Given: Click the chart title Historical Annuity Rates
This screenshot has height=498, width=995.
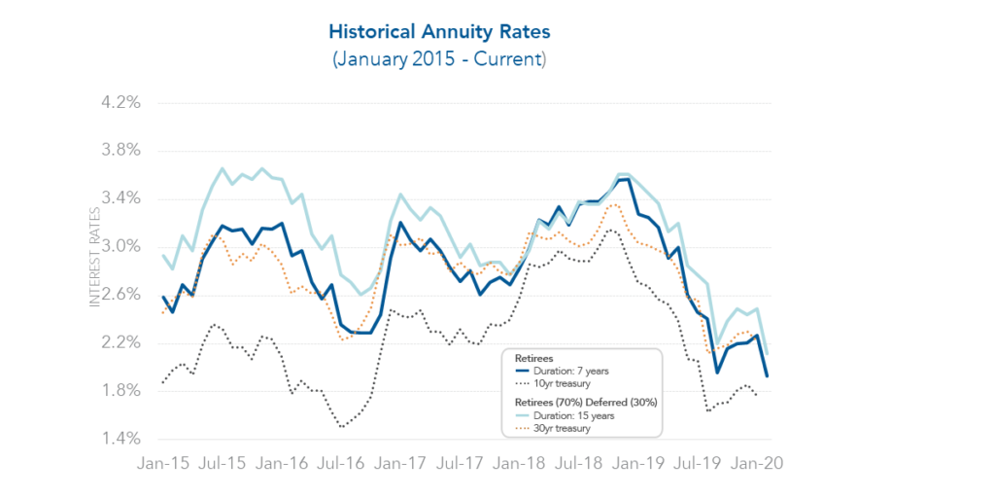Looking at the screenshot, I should (x=440, y=32).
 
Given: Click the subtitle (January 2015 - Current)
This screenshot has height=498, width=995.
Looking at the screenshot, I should (x=440, y=59).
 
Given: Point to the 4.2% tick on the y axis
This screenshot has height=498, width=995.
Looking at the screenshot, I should (x=121, y=102).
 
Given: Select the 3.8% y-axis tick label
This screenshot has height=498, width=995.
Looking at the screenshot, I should (x=121, y=151).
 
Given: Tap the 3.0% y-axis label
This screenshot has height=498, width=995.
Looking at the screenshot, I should (x=121, y=246).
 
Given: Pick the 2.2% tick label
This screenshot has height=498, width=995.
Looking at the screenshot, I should (x=121, y=342).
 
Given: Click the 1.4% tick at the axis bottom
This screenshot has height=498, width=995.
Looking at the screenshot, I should (x=121, y=439).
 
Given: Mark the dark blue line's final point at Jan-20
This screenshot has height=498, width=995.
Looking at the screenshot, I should (x=767, y=376).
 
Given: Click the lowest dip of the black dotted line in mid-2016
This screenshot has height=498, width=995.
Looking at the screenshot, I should (x=342, y=426).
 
